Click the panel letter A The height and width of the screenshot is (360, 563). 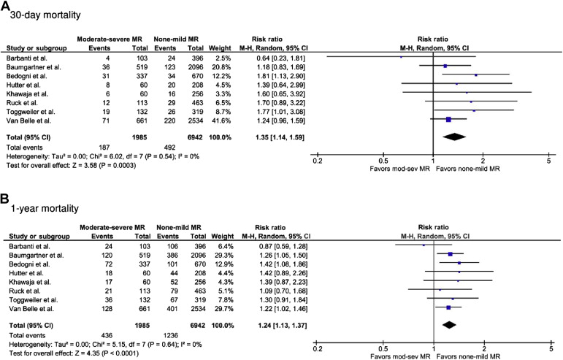click(6, 6)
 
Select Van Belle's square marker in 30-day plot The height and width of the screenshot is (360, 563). click(448, 118)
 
